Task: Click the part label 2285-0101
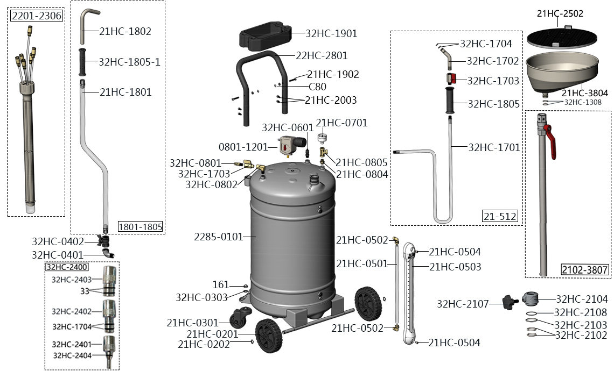219,237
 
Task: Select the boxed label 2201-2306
37,16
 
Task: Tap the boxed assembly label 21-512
500,216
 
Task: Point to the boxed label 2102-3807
584,269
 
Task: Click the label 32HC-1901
331,34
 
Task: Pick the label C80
317,87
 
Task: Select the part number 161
220,284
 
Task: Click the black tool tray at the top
265,36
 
